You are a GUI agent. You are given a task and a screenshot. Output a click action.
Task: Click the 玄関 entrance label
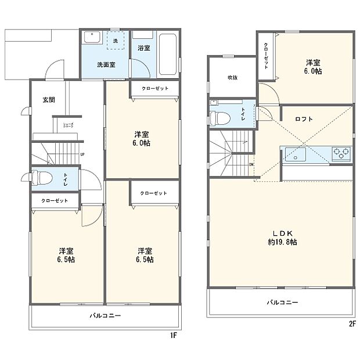(x=48, y=100)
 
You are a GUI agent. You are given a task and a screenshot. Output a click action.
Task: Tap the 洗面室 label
(x=105, y=64)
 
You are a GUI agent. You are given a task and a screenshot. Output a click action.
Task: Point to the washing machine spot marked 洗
(x=115, y=41)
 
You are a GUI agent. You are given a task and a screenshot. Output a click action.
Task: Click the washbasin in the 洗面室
(x=93, y=38)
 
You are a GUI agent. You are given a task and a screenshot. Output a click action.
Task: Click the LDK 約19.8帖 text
(x=283, y=237)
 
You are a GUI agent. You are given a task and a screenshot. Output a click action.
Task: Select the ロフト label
(x=303, y=119)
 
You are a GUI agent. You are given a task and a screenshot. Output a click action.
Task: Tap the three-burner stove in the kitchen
(x=340, y=154)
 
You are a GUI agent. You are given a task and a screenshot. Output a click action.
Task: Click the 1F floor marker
(x=173, y=335)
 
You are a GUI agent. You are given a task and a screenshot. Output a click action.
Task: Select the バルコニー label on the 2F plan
(x=282, y=303)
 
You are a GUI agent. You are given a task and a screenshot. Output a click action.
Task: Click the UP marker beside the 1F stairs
(x=82, y=154)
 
